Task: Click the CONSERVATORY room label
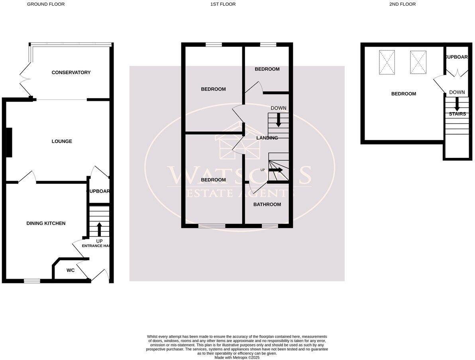(x=71, y=73)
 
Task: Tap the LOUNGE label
(x=62, y=141)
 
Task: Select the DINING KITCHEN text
(x=46, y=223)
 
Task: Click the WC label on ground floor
(x=71, y=270)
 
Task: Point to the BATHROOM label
(x=267, y=205)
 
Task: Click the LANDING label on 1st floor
(x=267, y=138)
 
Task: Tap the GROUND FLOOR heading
(x=45, y=4)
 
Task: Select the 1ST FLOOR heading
(x=223, y=4)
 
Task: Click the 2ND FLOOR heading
(x=402, y=4)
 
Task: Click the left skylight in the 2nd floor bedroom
(x=387, y=62)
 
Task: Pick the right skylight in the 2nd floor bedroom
(x=418, y=62)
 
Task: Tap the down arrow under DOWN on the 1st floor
(x=279, y=120)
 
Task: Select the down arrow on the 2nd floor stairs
(x=457, y=104)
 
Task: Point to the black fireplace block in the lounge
(x=9, y=142)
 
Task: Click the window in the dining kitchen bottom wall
(x=32, y=281)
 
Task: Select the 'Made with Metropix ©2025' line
(x=237, y=358)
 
